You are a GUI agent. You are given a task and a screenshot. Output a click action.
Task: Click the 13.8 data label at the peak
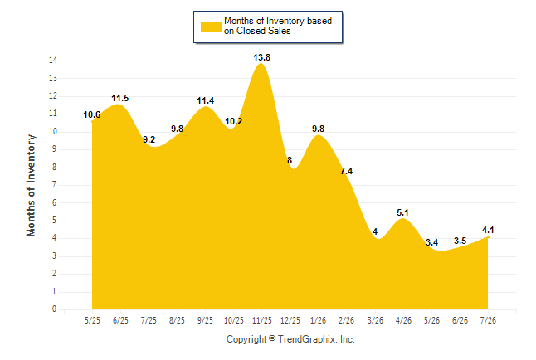(x=262, y=57)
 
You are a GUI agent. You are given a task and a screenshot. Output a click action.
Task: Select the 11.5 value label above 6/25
(x=120, y=98)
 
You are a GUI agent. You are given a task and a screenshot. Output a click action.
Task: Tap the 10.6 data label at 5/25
(x=91, y=114)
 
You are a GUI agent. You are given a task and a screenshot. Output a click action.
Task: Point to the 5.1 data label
(x=402, y=212)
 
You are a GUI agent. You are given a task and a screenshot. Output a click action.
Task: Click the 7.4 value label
(x=346, y=171)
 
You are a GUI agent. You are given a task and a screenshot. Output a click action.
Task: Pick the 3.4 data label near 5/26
(x=431, y=242)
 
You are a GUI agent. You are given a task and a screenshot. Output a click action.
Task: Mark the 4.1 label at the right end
(x=488, y=230)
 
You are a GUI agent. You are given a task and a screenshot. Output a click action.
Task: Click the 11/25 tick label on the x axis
(x=262, y=320)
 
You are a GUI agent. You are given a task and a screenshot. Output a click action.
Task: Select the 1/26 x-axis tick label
(x=319, y=320)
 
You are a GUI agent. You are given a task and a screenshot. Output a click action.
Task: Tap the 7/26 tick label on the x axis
(x=488, y=320)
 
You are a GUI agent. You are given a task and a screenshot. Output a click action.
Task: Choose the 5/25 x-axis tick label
(x=92, y=320)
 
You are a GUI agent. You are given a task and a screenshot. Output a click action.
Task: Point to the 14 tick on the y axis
(x=53, y=61)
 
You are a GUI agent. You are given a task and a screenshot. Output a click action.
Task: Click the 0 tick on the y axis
(x=55, y=309)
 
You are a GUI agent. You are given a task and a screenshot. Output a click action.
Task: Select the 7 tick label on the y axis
(x=55, y=185)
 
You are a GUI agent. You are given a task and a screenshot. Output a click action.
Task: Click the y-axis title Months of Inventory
(x=31, y=185)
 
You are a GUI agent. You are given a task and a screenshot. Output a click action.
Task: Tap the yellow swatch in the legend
(x=211, y=27)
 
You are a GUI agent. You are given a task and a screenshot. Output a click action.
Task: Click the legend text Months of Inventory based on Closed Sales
(x=278, y=26)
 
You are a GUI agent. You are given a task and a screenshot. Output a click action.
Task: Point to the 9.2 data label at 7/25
(x=149, y=139)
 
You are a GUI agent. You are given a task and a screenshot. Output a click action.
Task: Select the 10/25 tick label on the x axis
(x=234, y=320)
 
